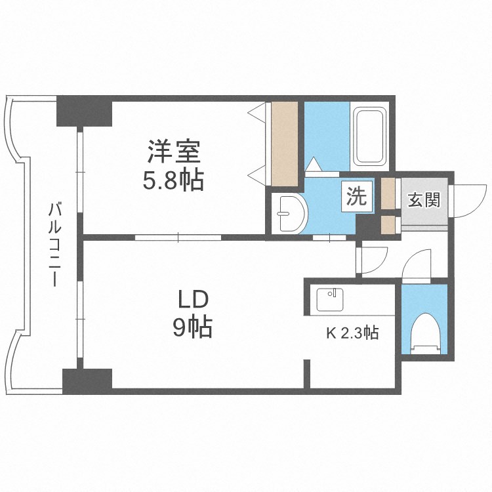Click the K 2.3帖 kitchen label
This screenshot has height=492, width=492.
352,333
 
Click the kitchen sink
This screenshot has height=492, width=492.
329,300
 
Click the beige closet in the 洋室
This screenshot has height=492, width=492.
285,143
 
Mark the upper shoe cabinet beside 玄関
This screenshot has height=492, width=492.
388,193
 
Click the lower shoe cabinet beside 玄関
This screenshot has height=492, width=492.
388,224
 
